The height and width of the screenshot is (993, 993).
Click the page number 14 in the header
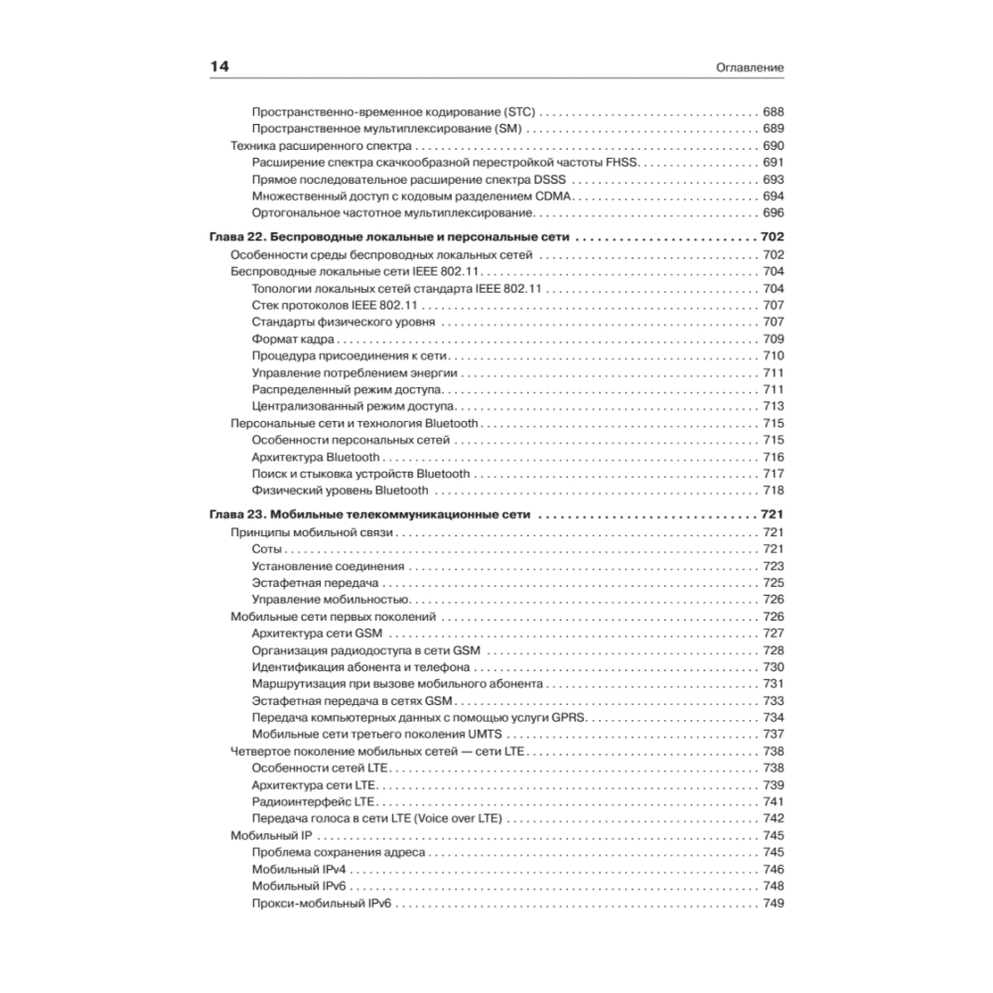click(x=219, y=67)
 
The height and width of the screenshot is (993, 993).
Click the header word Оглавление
click(x=751, y=68)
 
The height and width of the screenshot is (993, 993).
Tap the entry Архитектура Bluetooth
click(x=316, y=457)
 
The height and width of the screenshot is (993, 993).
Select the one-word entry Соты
click(x=267, y=549)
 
